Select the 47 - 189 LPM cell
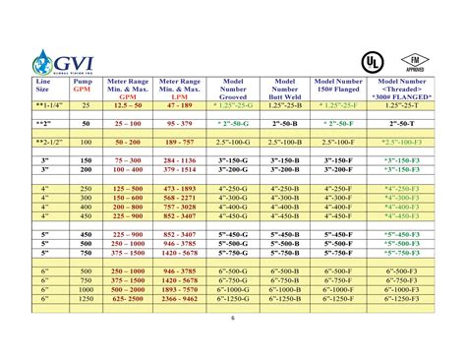click(x=180, y=103)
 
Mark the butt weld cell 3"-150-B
click(x=284, y=159)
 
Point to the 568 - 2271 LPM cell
click(x=180, y=198)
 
